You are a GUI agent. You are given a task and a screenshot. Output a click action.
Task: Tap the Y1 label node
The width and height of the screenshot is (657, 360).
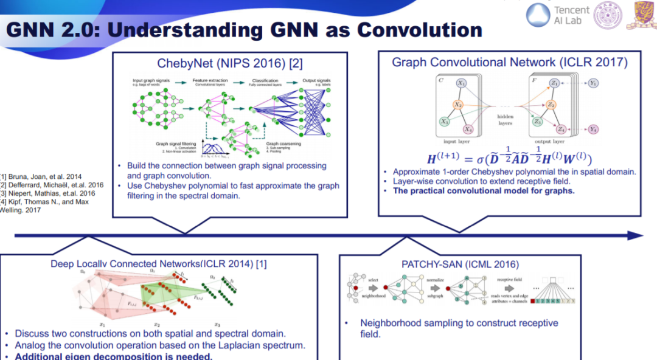[x=593, y=83]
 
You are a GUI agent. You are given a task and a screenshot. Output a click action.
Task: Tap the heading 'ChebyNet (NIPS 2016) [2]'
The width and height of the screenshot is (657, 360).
[x=230, y=63]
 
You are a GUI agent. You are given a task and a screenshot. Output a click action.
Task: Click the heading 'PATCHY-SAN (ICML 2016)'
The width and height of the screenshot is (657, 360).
[x=461, y=264]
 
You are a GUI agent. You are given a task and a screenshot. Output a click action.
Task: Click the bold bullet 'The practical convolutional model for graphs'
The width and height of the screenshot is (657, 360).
[x=484, y=190]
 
